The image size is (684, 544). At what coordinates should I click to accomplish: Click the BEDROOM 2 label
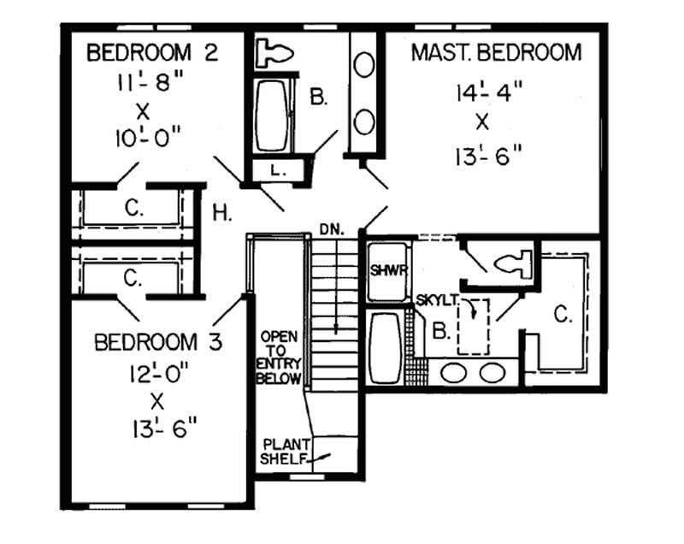click(x=153, y=53)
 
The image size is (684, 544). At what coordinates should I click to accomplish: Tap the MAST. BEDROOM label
click(x=496, y=53)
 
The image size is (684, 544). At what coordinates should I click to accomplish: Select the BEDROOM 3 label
click(x=158, y=343)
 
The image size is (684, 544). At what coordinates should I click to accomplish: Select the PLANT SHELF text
click(x=286, y=452)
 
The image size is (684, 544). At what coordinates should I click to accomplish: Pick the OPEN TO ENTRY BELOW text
click(x=280, y=357)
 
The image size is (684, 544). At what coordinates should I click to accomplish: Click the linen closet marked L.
click(x=275, y=170)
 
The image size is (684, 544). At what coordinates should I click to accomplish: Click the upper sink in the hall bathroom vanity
click(x=364, y=67)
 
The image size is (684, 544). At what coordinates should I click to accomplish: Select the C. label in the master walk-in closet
click(x=562, y=315)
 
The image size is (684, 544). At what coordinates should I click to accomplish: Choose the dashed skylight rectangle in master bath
click(x=472, y=325)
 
